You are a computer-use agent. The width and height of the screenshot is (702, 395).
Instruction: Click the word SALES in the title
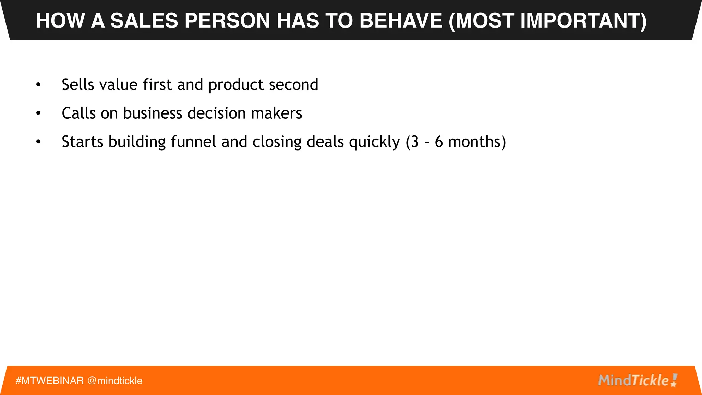click(x=144, y=21)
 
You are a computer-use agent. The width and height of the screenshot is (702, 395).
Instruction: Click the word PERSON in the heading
click(x=228, y=21)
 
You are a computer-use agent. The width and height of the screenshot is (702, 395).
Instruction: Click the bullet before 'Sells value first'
click(x=38, y=84)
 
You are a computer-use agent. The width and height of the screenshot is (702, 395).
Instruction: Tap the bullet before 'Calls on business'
click(x=38, y=113)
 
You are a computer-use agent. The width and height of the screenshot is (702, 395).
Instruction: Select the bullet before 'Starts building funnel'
click(x=38, y=142)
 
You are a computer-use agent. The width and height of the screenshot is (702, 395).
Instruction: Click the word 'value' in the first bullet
click(x=118, y=85)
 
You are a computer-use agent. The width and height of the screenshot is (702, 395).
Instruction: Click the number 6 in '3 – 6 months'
click(x=439, y=142)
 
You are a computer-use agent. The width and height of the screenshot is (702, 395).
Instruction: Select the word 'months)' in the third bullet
click(x=477, y=142)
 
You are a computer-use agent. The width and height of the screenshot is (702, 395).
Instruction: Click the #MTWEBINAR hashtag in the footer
click(x=50, y=381)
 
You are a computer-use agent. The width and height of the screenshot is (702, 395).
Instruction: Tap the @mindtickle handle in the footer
click(x=115, y=381)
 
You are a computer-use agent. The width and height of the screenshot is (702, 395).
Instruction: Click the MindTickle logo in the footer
click(x=638, y=380)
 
